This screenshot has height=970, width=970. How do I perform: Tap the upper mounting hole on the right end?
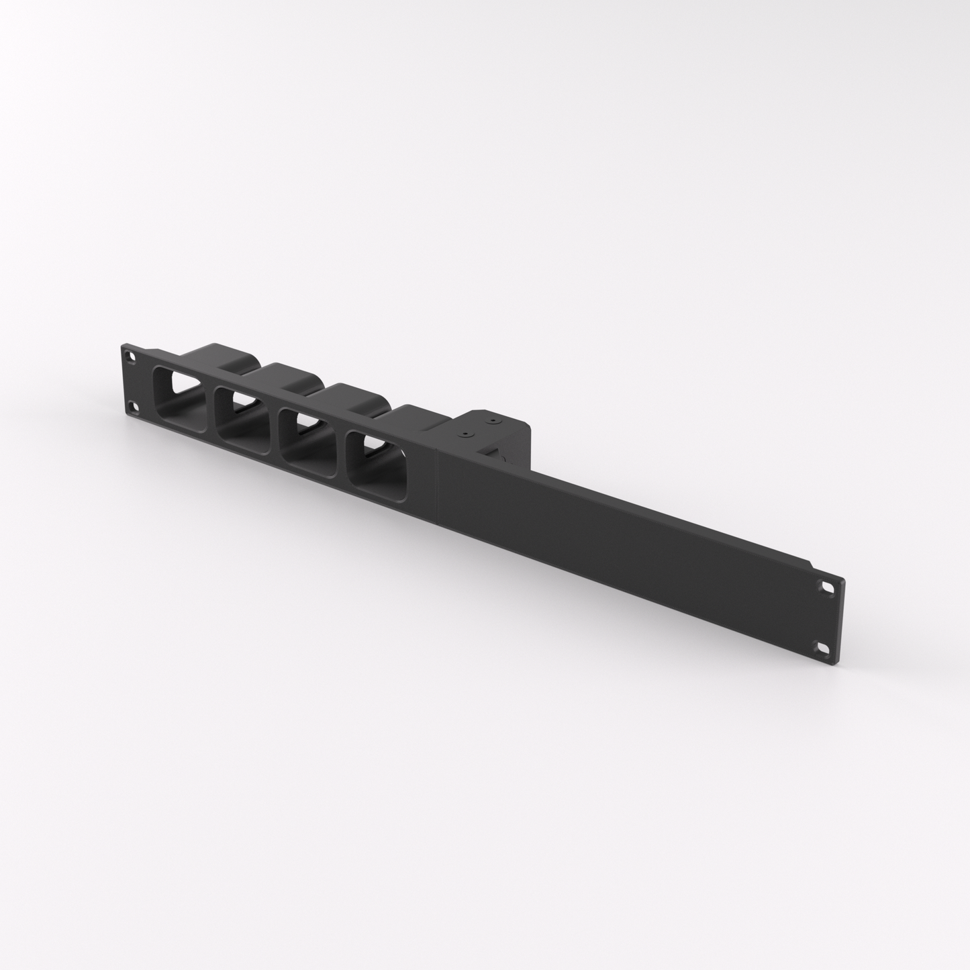click(x=824, y=586)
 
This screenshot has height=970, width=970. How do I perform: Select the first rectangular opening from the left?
click(x=178, y=399)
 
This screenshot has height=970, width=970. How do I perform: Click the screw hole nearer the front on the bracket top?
click(x=464, y=435)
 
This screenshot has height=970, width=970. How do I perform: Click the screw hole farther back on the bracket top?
click(x=493, y=422)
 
